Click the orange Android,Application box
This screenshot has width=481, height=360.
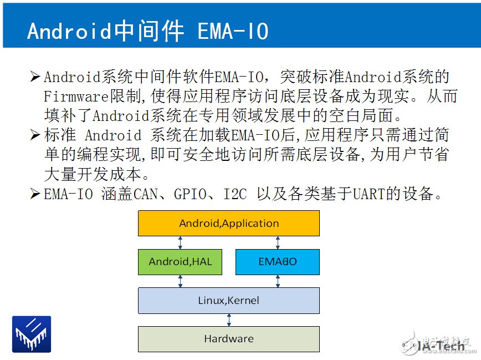point(228,223)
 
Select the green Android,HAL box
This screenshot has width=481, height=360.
point(180,261)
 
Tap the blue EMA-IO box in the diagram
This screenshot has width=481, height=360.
point(277,261)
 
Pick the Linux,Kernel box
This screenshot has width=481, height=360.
point(228,301)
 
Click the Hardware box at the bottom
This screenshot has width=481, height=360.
point(228,338)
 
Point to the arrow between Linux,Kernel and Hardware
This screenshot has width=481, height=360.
point(228,320)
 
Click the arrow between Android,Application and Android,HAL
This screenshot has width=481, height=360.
point(180,242)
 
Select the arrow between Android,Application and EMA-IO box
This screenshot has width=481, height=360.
point(277,242)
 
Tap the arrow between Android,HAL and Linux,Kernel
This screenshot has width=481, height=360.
point(180,281)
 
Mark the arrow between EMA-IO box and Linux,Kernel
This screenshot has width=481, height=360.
point(277,281)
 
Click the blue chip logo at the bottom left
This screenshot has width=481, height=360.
point(32,334)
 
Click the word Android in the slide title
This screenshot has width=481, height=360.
point(69,32)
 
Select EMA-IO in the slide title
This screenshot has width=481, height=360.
point(233,32)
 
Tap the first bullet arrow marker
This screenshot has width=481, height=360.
point(35,76)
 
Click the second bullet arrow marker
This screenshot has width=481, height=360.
point(35,135)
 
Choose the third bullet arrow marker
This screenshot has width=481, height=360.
point(35,194)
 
